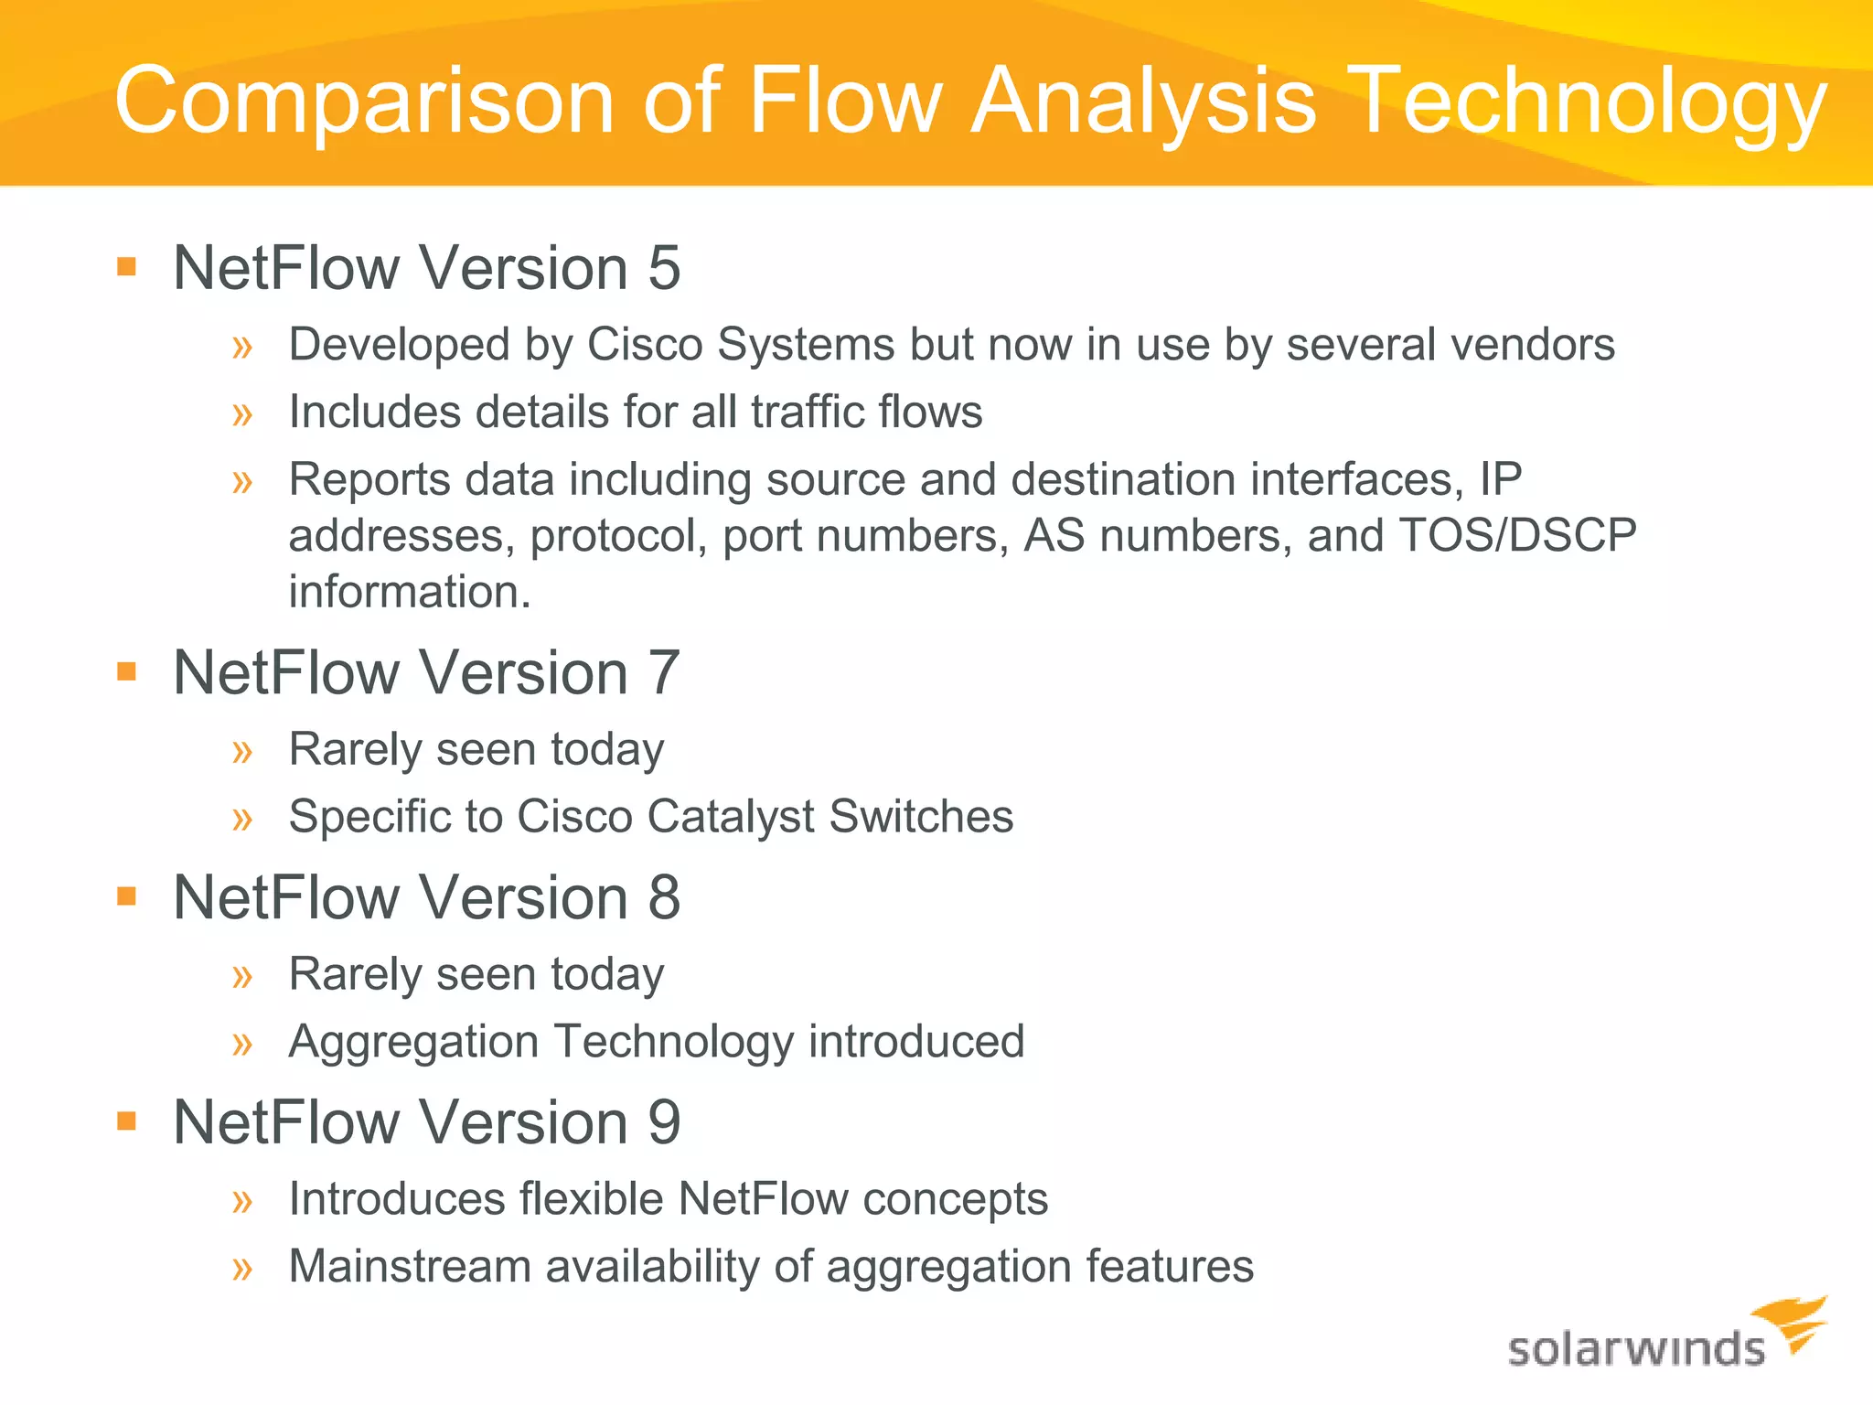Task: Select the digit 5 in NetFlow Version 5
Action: pos(664,269)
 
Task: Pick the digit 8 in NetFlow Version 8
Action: pos(664,898)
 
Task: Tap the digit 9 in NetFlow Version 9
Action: pos(664,1123)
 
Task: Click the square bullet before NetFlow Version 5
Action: pos(127,267)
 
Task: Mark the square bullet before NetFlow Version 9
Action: pos(127,1121)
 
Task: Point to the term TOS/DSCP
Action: pos(1518,536)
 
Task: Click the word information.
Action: pos(409,592)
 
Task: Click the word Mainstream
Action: pos(410,1267)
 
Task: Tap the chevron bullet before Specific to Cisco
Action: pos(242,819)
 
